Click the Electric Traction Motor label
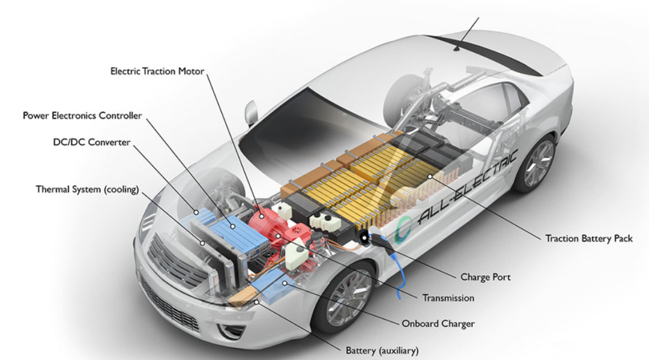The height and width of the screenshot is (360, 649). tap(157, 71)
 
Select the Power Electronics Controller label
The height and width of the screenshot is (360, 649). tap(82, 115)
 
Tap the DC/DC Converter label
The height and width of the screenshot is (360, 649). tap(92, 142)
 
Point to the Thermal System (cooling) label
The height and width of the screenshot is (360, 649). tap(87, 190)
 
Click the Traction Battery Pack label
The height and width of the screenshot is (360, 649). tap(589, 238)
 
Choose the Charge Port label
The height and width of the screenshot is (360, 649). tap(485, 277)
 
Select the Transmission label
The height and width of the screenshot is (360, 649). tap(448, 298)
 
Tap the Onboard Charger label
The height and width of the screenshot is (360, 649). tap(439, 324)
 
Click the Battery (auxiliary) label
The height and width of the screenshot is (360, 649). tap(382, 350)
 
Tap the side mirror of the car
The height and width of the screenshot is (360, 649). tap(251, 113)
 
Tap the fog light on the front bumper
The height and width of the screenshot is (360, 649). tap(228, 330)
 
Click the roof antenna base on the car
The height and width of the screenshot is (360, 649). tap(456, 49)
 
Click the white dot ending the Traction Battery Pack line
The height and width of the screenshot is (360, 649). tap(430, 176)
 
